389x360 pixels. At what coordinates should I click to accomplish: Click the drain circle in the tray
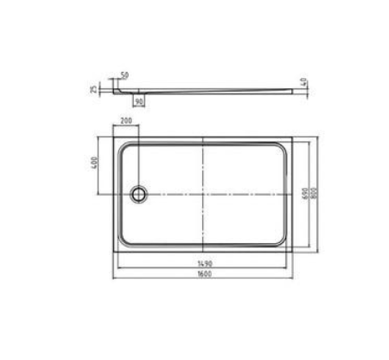[x=137, y=192]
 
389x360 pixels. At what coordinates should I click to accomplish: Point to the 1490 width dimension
[x=201, y=260]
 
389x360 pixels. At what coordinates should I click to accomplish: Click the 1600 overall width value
[x=201, y=273]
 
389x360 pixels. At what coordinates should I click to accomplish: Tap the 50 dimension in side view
[x=125, y=76]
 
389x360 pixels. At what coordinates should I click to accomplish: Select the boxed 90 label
[x=137, y=100]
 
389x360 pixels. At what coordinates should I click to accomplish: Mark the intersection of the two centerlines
[x=202, y=192]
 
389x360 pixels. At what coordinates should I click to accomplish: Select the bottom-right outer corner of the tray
[x=291, y=250]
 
